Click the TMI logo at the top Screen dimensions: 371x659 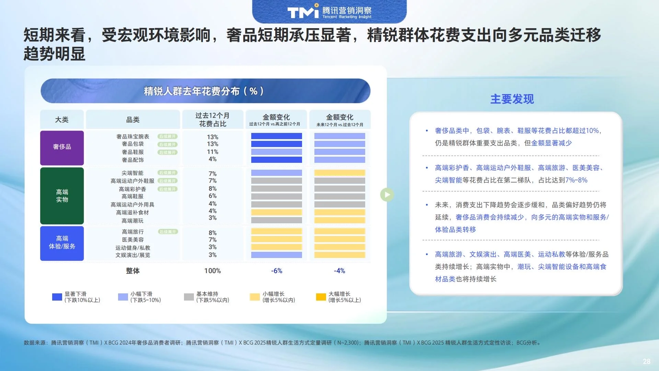pyautogui.click(x=329, y=12)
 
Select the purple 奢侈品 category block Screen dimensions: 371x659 pyautogui.click(x=62, y=147)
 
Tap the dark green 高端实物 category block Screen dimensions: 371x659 pyautogui.click(x=62, y=196)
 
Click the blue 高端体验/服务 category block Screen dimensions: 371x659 pyautogui.click(x=62, y=243)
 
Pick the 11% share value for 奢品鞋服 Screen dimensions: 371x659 pyautogui.click(x=212, y=152)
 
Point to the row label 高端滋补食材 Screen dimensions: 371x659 pyautogui.click(x=132, y=213)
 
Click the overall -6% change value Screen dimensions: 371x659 pyautogui.click(x=277, y=271)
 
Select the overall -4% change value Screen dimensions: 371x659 pyautogui.click(x=339, y=271)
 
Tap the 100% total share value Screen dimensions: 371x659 pyautogui.click(x=212, y=271)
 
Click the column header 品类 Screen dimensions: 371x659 pyautogui.click(x=133, y=120)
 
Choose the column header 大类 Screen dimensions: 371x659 pyautogui.click(x=62, y=120)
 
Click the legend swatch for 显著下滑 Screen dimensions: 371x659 pyautogui.click(x=57, y=297)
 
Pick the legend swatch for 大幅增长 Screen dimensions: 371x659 pyautogui.click(x=321, y=297)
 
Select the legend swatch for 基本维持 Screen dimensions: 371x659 pyautogui.click(x=189, y=297)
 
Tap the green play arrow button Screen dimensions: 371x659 pyautogui.click(x=387, y=195)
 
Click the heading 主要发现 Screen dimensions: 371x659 pyautogui.click(x=512, y=99)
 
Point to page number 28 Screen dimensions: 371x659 pyautogui.click(x=647, y=361)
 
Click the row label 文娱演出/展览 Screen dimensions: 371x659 pyautogui.click(x=133, y=255)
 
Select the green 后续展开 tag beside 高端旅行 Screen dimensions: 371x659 pyautogui.click(x=168, y=232)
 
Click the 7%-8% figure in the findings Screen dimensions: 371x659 pyautogui.click(x=576, y=180)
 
